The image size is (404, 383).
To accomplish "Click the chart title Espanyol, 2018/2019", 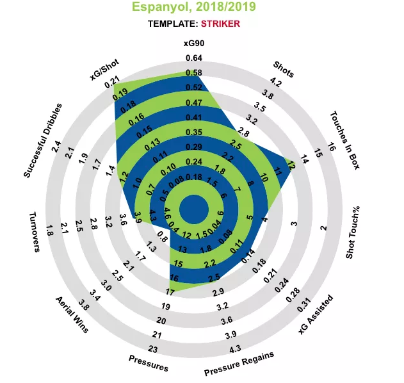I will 193,8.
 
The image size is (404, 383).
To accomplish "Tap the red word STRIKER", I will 220,24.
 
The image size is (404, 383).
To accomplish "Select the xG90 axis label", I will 193,44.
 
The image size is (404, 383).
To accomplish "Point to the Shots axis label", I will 283,69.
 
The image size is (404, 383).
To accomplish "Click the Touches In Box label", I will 344,139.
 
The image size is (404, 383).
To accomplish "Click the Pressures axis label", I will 149,363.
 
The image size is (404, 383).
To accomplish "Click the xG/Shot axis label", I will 104,69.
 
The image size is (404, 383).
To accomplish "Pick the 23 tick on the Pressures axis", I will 152,349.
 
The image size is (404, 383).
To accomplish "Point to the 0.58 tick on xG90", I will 193,73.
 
